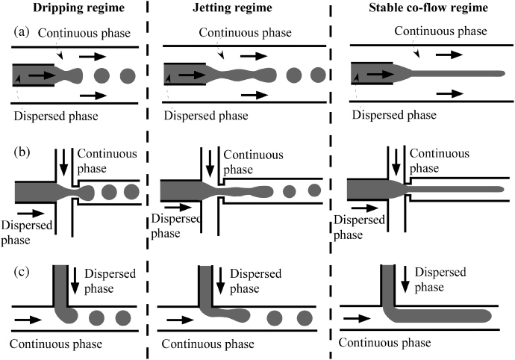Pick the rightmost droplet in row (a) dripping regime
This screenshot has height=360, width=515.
[x=128, y=75]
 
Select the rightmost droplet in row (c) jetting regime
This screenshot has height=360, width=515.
[x=304, y=317]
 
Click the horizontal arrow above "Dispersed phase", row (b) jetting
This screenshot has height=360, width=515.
[x=172, y=204]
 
